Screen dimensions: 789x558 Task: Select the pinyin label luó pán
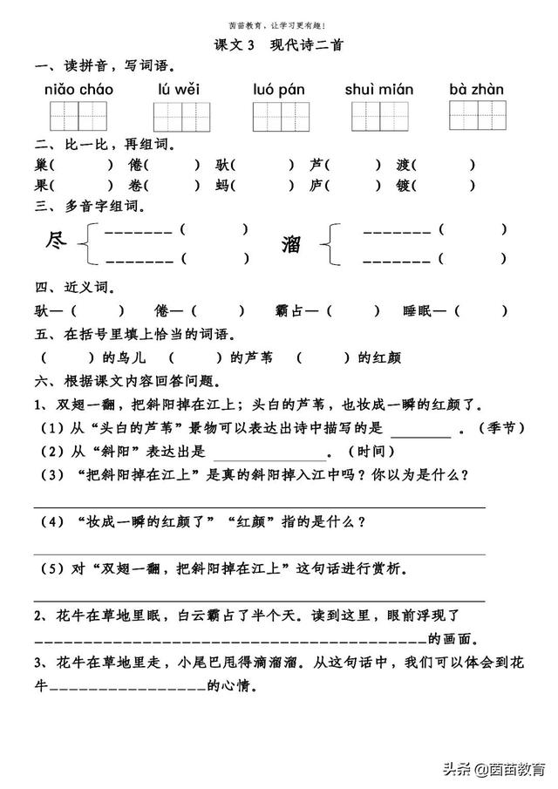click(277, 89)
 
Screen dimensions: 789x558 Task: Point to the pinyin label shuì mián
click(379, 89)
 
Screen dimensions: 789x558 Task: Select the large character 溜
click(290, 244)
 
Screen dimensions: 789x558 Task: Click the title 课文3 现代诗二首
click(278, 46)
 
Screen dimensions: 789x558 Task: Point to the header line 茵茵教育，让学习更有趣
click(277, 26)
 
